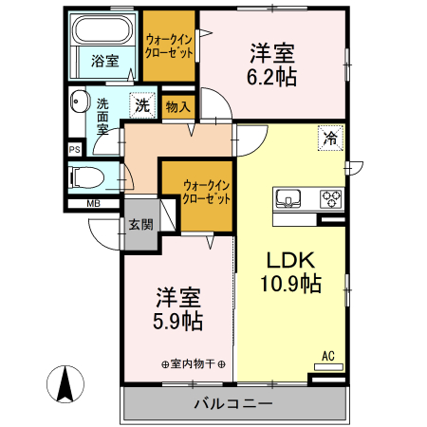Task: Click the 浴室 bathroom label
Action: [104, 62]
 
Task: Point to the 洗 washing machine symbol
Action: [140, 105]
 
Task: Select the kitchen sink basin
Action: [288, 199]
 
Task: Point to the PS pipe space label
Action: [74, 149]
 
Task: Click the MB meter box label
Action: [94, 204]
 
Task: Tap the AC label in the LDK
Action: [328, 357]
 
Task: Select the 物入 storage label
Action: [177, 106]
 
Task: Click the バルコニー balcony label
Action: [233, 404]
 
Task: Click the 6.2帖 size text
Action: [273, 77]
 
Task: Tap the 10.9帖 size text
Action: [289, 283]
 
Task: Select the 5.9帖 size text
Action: [178, 321]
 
